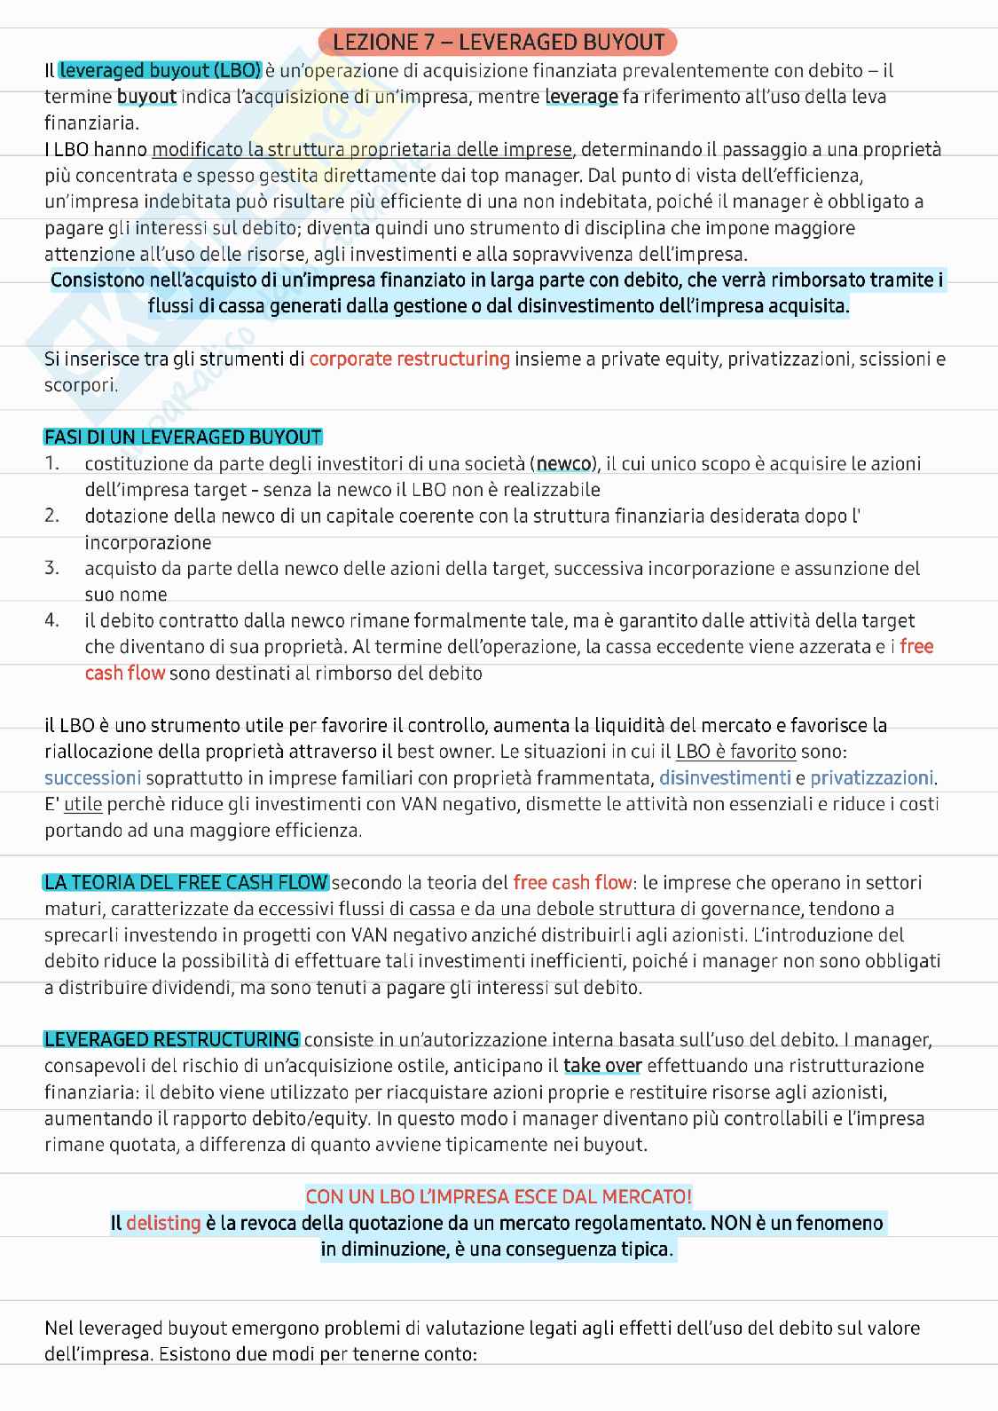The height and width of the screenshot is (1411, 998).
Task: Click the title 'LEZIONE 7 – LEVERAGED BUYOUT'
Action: point(499,42)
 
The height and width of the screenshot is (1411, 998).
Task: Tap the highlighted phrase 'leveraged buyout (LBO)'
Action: point(161,70)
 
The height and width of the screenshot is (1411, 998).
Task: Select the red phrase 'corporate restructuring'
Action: point(409,359)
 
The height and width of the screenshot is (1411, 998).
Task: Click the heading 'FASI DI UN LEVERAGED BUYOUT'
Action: point(183,437)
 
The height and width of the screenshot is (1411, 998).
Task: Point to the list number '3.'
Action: point(52,568)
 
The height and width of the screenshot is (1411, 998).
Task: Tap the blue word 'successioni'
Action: point(92,778)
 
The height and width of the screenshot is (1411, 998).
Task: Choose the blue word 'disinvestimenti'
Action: point(725,778)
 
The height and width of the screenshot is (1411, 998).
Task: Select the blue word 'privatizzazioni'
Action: point(871,778)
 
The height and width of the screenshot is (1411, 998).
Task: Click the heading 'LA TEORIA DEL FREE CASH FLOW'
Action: point(185,883)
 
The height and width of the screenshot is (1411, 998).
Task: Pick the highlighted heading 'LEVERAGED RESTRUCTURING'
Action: point(172,1039)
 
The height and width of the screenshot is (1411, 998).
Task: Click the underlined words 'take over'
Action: point(602,1066)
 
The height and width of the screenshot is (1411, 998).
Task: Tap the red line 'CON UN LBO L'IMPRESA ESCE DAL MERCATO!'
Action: point(499,1197)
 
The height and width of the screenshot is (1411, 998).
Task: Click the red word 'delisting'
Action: point(163,1224)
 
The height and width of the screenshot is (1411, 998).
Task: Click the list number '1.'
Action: point(52,463)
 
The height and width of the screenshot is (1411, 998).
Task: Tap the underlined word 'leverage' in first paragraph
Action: point(581,97)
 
